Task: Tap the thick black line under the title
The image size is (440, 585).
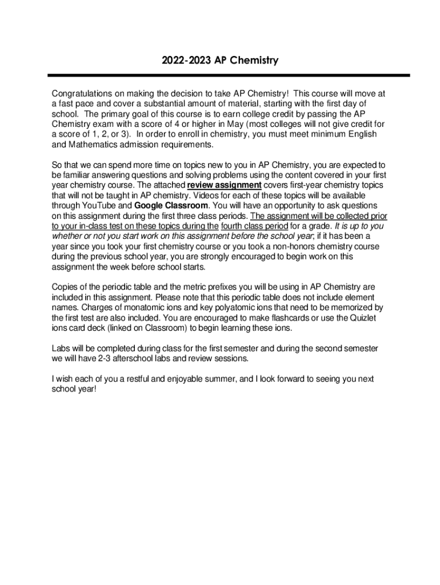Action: click(x=229, y=75)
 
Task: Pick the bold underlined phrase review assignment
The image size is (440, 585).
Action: click(x=225, y=185)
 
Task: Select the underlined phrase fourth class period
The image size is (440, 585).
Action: click(x=254, y=226)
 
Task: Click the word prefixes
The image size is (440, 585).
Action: click(x=219, y=287)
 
